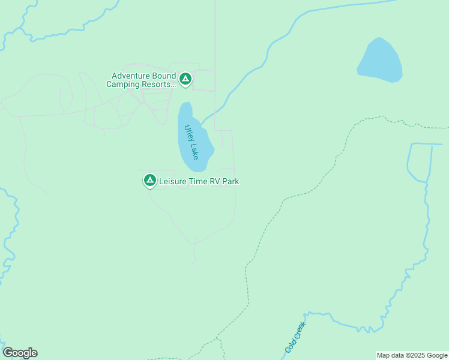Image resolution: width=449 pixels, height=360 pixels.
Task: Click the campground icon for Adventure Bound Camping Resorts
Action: coord(185,79)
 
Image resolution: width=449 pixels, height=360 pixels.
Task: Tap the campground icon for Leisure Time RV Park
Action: coord(149,180)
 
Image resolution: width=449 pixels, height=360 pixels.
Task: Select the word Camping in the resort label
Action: coord(124,85)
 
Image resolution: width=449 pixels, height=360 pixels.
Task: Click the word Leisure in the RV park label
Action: coord(173,181)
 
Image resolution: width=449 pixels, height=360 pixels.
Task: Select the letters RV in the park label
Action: coord(215,181)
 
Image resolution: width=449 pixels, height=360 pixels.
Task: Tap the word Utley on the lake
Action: coord(188,132)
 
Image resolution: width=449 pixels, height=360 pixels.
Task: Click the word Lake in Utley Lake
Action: coord(194,150)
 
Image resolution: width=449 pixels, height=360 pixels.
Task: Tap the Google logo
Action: coord(20,353)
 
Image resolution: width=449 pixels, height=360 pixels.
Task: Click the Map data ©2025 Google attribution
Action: coord(412,355)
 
